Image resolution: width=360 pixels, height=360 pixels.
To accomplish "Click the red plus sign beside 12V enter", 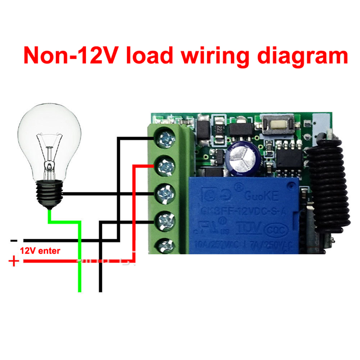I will click(14, 261).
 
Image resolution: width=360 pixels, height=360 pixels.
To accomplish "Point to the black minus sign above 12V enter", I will click(14, 240).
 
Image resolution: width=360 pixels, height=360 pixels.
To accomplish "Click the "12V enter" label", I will click(40, 250).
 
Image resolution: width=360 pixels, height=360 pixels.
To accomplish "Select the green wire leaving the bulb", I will click(79, 251).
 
